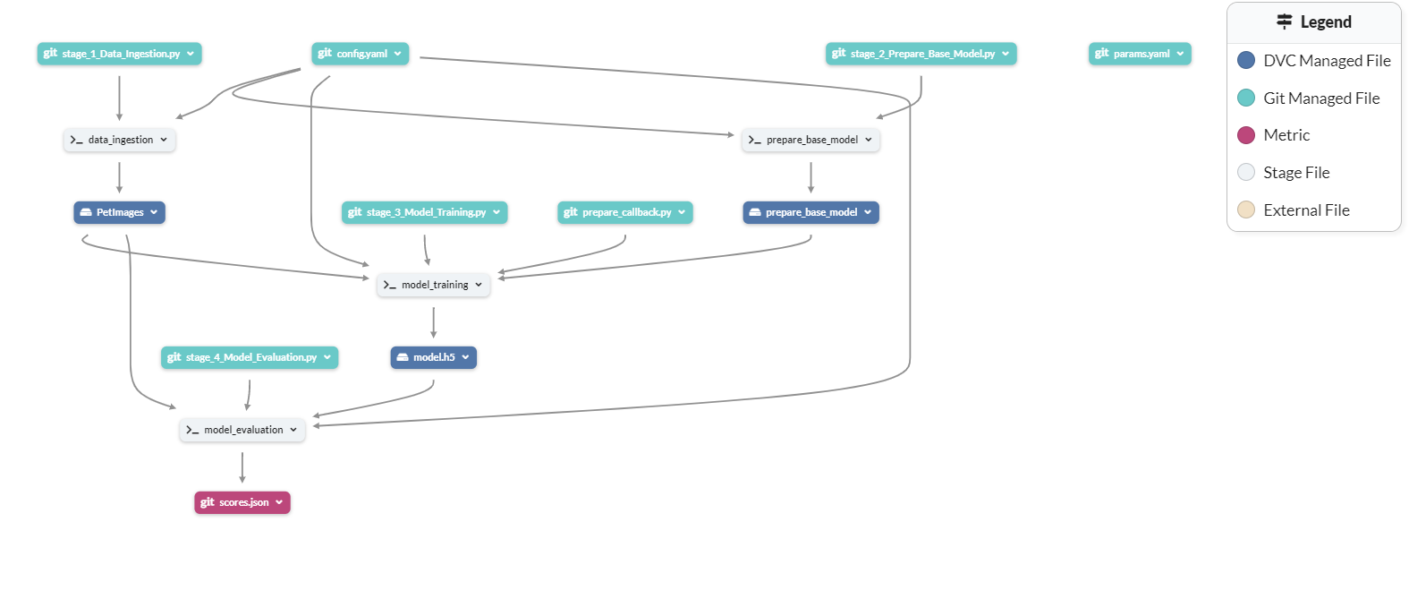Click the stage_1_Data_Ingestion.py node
119,54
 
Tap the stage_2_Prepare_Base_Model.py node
921,54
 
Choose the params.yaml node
1140,54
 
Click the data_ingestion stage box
119,140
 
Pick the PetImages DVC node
119,212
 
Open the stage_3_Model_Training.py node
424,212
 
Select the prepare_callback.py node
624,212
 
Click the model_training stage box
433,285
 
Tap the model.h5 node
433,357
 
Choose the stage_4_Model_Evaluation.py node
250,357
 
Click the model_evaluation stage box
242,430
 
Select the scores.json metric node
242,502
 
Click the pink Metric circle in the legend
1246,135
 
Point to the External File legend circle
1246,210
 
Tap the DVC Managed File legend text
1327,61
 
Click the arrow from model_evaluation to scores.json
242,466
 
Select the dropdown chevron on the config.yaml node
397,54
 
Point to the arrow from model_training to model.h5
433,321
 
